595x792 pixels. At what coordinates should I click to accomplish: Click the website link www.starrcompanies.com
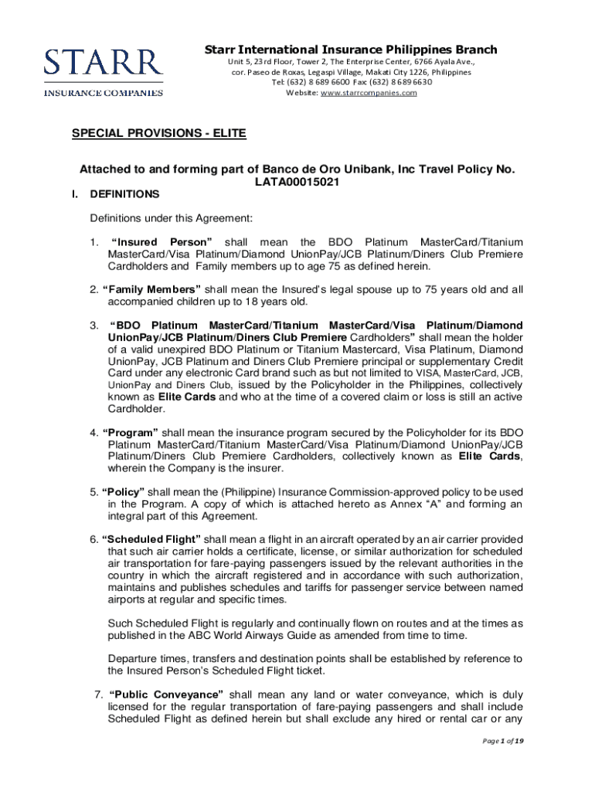[x=369, y=93]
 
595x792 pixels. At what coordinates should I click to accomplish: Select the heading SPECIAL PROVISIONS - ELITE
[x=158, y=134]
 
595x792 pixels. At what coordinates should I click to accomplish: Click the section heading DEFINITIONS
[x=124, y=194]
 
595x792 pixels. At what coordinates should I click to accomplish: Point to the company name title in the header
[x=351, y=50]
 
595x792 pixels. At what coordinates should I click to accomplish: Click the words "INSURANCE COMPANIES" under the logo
[x=104, y=93]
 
